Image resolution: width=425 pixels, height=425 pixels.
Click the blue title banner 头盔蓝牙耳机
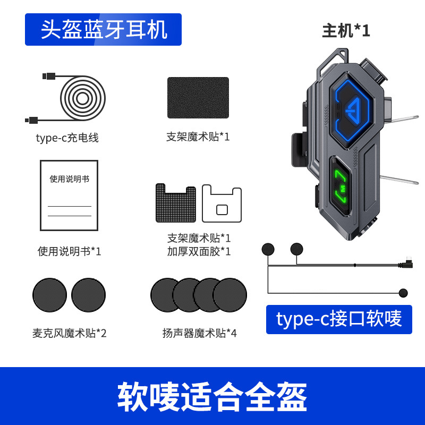[103, 29]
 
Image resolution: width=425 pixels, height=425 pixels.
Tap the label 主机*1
[346, 31]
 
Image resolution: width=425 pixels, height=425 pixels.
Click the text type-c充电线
[67, 138]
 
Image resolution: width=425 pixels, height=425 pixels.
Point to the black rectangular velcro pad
[198, 98]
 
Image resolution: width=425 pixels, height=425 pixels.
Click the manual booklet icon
[69, 195]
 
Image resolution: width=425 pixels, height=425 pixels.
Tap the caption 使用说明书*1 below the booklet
[69, 251]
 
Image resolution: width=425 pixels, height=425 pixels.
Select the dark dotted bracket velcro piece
[175, 202]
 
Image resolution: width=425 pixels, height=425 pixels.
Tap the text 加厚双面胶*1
[199, 251]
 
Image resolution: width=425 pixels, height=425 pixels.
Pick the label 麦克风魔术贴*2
[69, 333]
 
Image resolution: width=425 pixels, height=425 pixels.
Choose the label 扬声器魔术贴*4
[199, 333]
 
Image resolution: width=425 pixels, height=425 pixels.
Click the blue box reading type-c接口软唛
[339, 319]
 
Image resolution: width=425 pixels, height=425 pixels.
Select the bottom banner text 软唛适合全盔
[212, 396]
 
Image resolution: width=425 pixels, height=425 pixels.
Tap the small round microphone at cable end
[403, 293]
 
